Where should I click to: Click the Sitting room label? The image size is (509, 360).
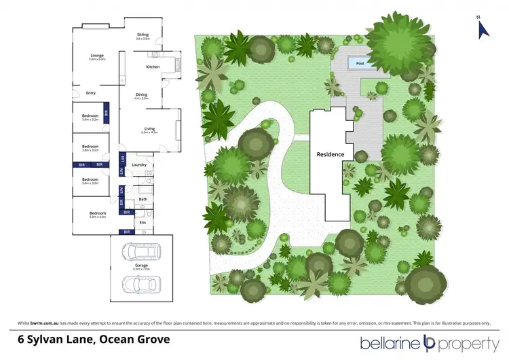pos(143,35)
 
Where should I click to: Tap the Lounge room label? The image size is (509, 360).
pos(98,56)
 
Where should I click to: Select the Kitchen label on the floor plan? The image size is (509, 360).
pos(153,67)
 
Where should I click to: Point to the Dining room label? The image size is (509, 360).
pos(141,95)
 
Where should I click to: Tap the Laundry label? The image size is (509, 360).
pos(140,164)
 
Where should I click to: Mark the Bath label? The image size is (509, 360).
pos(143,199)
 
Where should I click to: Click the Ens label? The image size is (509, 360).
pos(143,221)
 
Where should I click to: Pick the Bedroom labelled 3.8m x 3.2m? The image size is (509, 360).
pos(90,117)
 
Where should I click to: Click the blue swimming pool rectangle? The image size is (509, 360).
pos(359,64)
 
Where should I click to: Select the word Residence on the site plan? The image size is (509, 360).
pos(331,154)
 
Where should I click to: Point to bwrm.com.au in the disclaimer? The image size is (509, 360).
pos(45,321)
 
